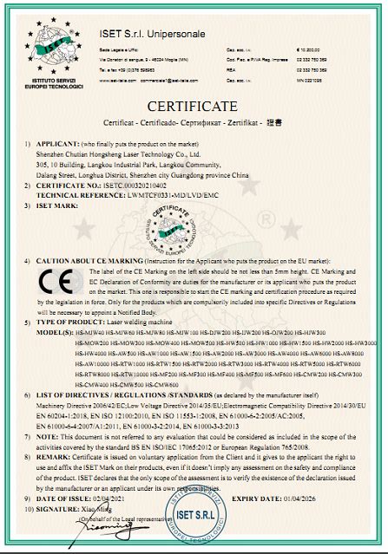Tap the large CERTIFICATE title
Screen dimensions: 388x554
[194, 106]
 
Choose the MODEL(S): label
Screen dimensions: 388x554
[56, 332]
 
